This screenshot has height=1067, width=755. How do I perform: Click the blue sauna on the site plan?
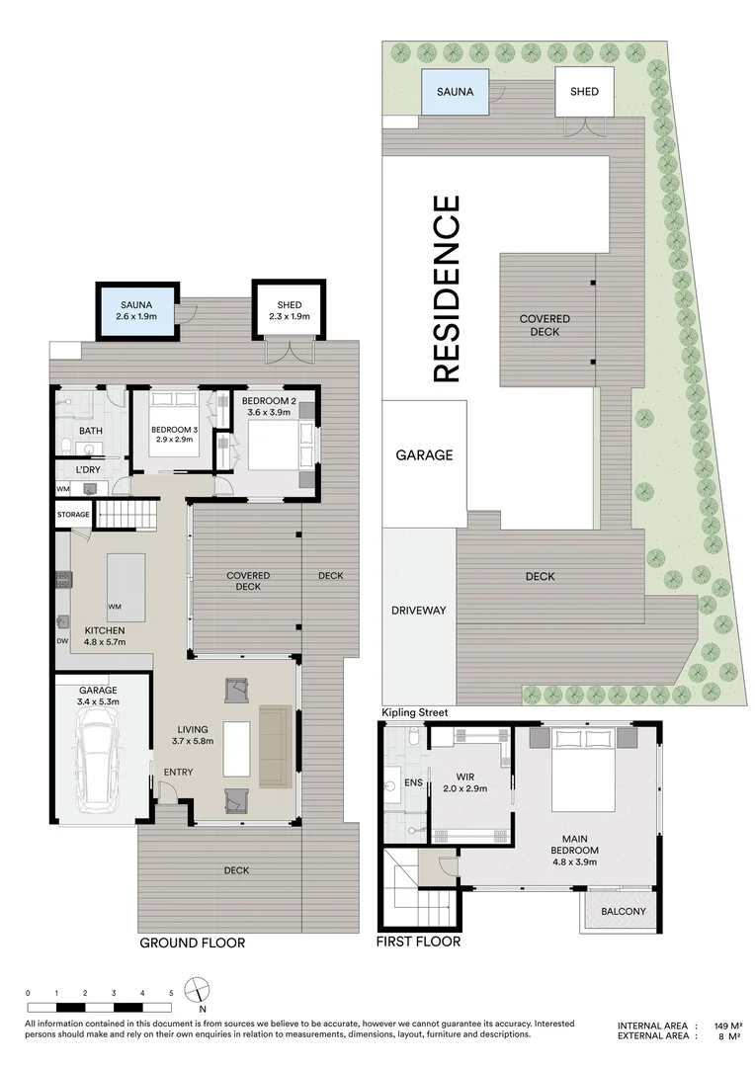pyautogui.click(x=456, y=92)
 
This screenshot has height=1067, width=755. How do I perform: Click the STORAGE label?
pyautogui.click(x=73, y=515)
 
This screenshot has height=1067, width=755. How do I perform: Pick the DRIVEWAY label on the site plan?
pyautogui.click(x=419, y=611)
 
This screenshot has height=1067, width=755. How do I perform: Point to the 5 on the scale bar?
pyautogui.click(x=171, y=993)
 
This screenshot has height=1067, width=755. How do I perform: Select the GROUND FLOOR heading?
pyautogui.click(x=192, y=943)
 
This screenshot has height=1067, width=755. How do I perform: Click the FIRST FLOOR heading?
pyautogui.click(x=418, y=943)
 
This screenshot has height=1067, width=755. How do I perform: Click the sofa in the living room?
pyautogui.click(x=276, y=747)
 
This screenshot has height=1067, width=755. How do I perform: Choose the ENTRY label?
pyautogui.click(x=178, y=772)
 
